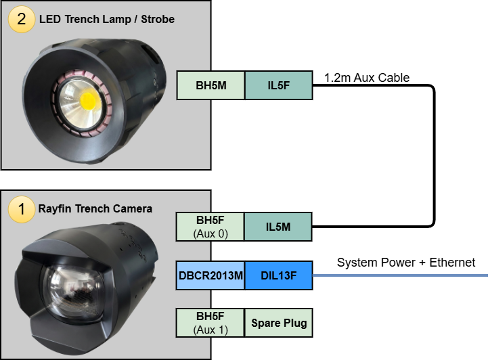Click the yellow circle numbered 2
tap(22, 18)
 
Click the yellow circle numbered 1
tap(22, 208)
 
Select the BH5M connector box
tap(210, 85)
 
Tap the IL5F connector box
tap(278, 85)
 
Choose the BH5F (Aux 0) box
tap(210, 227)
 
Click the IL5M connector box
tap(278, 227)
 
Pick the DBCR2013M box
tap(210, 275)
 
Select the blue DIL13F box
tap(278, 275)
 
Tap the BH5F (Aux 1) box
tap(210, 322)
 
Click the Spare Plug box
tap(278, 323)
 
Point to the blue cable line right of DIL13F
tap(399, 275)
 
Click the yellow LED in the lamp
tap(88, 101)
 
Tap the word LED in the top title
tap(47, 19)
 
